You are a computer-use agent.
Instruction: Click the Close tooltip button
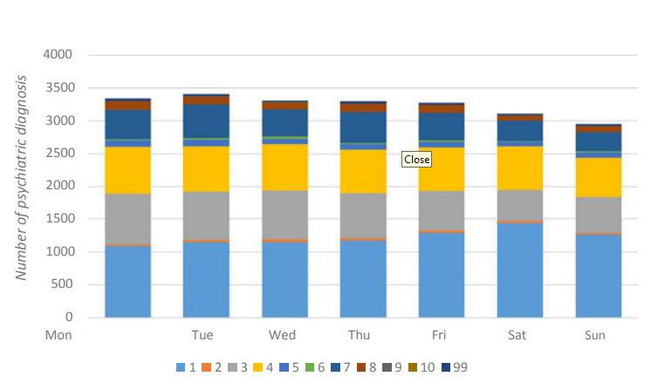pos(416,160)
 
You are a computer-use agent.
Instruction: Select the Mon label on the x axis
pos(58,335)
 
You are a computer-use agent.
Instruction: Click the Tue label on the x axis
pos(203,335)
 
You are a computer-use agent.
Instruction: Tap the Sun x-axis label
pos(597,335)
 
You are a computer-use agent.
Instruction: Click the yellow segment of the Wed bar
pos(284,167)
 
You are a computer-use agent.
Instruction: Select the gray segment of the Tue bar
pos(206,215)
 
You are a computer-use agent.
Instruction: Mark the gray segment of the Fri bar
pos(441,210)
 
